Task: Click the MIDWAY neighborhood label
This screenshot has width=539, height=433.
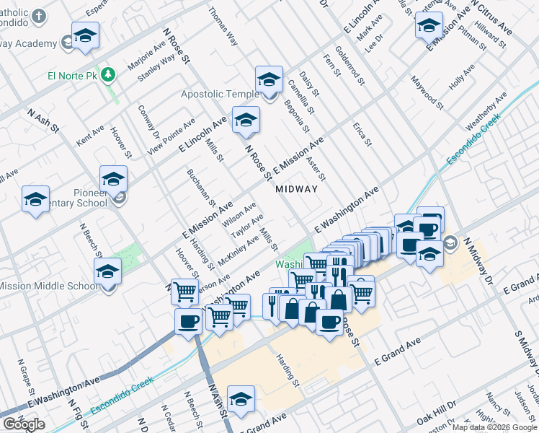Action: coord(296,189)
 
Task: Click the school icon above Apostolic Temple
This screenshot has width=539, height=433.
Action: coord(269,79)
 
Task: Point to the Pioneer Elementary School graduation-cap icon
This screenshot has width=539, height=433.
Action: coord(114,179)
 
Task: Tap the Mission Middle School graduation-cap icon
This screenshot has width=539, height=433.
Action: coord(107,271)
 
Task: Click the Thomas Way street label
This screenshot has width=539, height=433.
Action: coord(223,27)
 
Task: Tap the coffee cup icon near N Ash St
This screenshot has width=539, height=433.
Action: coord(188,321)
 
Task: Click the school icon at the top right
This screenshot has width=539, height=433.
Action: coord(428,25)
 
